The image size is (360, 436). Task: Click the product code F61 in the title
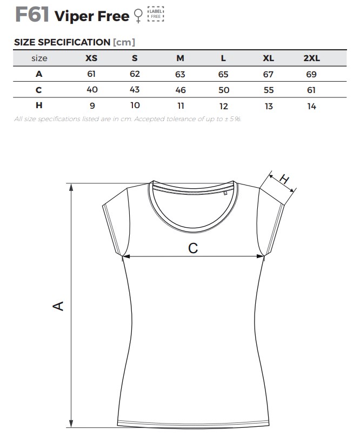[32, 14]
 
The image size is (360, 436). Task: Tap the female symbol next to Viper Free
[139, 16]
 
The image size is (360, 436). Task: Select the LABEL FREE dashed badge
[155, 14]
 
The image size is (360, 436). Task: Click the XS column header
[92, 58]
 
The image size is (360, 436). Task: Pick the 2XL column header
[311, 58]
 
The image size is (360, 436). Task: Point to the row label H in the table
[39, 105]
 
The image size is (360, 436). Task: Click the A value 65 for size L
[223, 75]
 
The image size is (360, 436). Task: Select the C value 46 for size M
[180, 90]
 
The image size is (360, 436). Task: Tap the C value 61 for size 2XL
[311, 90]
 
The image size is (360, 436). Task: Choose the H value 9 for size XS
[92, 106]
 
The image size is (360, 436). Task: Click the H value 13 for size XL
[269, 106]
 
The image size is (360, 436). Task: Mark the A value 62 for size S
[135, 75]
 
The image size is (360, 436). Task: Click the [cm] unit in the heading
[124, 42]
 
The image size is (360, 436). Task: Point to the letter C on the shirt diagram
[193, 248]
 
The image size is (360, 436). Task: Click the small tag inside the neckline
[225, 192]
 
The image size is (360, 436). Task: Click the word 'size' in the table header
[39, 58]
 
